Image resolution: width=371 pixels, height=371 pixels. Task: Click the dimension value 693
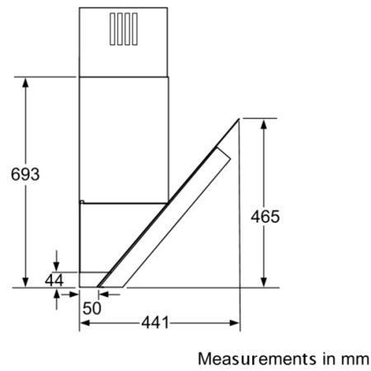[x=26, y=174]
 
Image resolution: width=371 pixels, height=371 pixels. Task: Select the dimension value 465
[x=265, y=217]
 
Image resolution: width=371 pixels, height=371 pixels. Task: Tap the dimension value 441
[x=155, y=322]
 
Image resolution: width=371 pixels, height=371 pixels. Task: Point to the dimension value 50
[x=92, y=308]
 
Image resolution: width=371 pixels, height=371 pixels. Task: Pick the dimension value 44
[x=54, y=280]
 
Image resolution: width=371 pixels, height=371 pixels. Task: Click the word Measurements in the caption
[x=257, y=359]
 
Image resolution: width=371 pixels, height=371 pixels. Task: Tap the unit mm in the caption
[x=355, y=359]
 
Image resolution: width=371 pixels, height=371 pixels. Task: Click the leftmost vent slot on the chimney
[x=112, y=29]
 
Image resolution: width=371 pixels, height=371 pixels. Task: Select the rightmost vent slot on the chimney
[x=134, y=29]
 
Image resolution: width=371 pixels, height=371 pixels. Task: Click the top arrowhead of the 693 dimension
[x=26, y=82]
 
